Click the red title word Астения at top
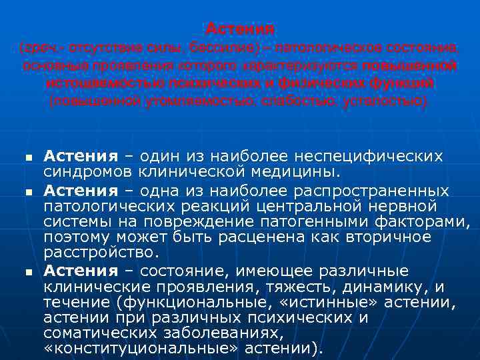(x=240, y=29)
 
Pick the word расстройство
(x=101, y=253)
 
